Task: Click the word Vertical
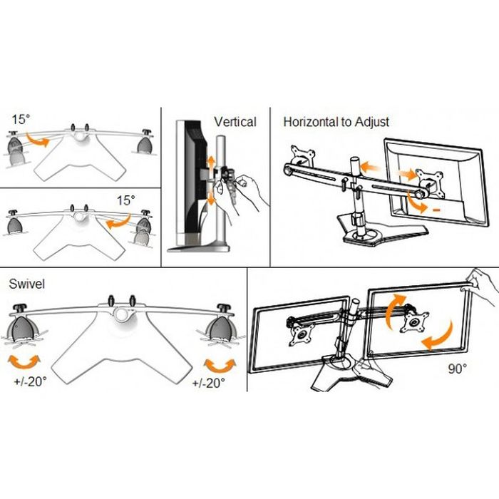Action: point(235,122)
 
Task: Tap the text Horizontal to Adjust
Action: point(336,122)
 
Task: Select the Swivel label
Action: point(26,284)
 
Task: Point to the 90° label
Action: point(457,369)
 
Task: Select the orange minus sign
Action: point(435,210)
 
